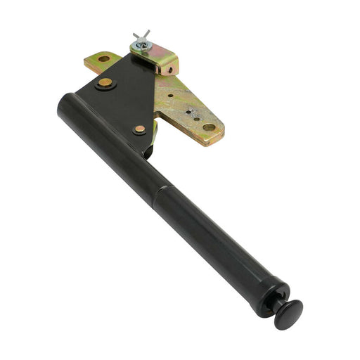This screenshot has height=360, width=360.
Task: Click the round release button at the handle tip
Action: pos(288,314)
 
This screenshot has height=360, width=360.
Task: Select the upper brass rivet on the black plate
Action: pos(105,82)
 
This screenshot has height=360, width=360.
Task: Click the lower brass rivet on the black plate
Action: pos(139,129)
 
